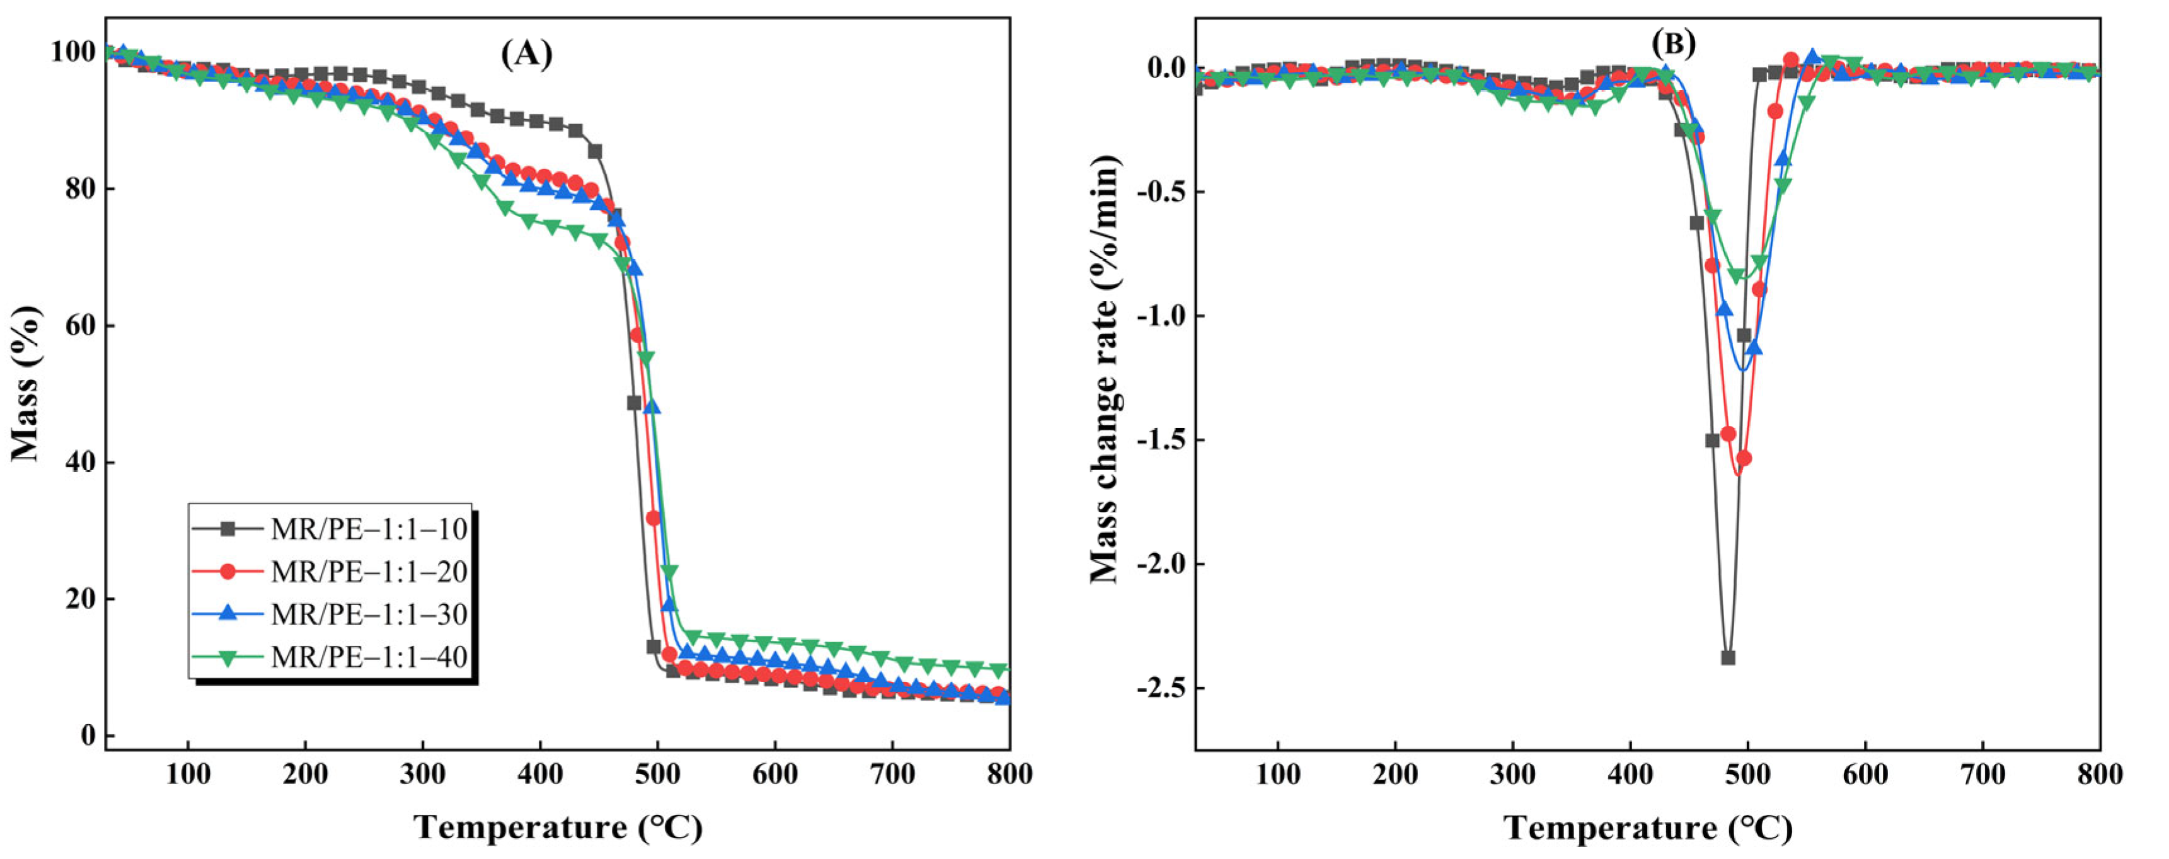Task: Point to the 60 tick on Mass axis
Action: click(80, 326)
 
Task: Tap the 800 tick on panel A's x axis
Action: click(1010, 774)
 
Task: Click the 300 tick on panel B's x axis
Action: click(1512, 774)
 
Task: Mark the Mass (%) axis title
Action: click(25, 383)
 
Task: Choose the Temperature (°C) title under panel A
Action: click(558, 828)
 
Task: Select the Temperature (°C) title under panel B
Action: click(1648, 828)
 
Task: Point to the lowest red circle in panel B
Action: click(1744, 458)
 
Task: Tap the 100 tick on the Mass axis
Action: click(73, 52)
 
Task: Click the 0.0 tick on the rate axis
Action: click(1165, 67)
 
